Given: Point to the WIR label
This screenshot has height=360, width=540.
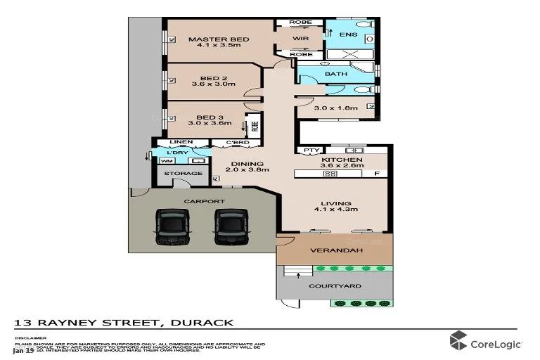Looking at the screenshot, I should [x=301, y=39].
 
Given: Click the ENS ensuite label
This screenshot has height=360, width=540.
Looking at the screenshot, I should [x=347, y=34].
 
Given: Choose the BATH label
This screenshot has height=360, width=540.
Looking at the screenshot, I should [x=335, y=74].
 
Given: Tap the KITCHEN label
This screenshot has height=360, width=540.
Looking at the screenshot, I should [x=342, y=160].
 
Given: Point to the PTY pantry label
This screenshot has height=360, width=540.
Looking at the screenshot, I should [x=308, y=150].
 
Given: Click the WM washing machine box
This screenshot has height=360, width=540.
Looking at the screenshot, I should [x=166, y=161].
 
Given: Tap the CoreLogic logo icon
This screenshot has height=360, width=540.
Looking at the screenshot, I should [x=458, y=340].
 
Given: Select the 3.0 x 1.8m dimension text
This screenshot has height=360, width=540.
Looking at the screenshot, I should [x=336, y=108].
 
